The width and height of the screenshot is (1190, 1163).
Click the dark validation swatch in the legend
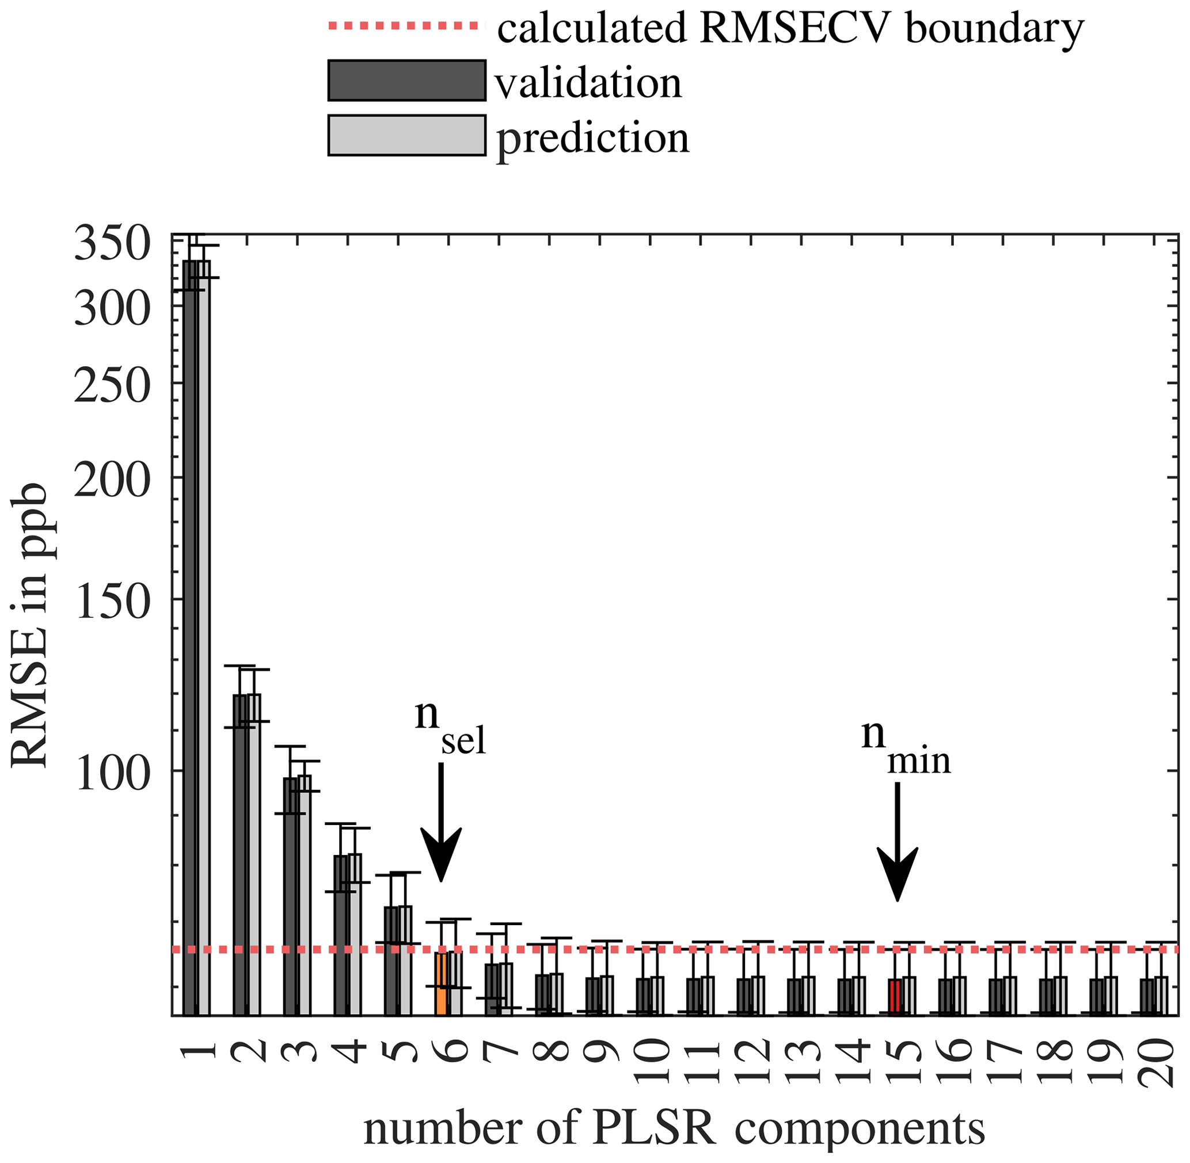tap(407, 80)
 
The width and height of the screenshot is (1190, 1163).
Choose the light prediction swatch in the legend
tap(407, 135)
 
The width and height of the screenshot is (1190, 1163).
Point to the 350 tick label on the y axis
tap(112, 244)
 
